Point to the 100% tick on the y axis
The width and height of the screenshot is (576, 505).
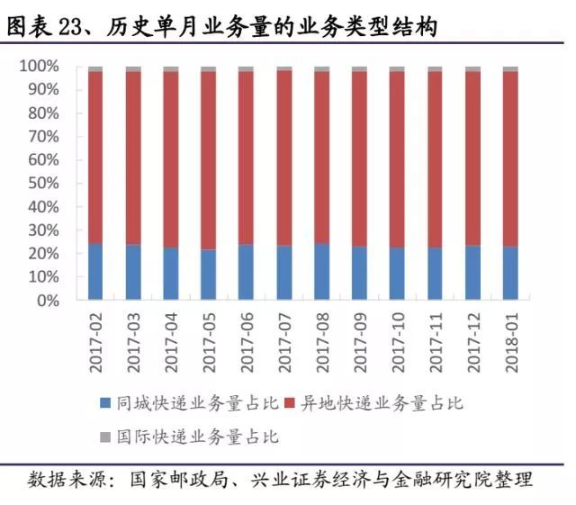[x=39, y=67]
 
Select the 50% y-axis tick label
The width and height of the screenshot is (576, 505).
[x=42, y=184]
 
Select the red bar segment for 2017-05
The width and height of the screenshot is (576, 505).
[x=209, y=160]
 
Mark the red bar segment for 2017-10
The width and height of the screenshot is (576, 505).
[x=397, y=159]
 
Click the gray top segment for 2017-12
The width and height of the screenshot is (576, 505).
[x=472, y=68]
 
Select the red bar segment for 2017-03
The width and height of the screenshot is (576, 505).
[x=133, y=158]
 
